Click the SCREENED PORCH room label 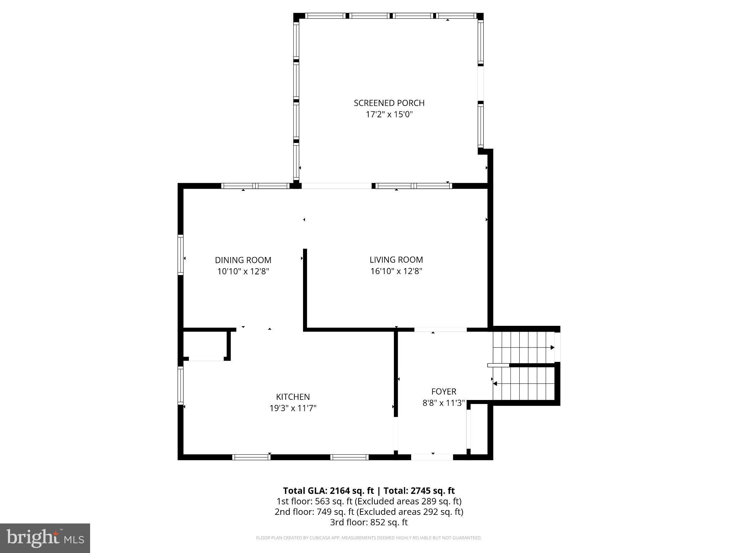point(389,103)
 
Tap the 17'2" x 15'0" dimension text point(389,114)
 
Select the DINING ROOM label point(243,260)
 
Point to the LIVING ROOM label point(396,260)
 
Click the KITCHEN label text point(293,397)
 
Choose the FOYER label point(444,391)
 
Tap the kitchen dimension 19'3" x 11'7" point(293,408)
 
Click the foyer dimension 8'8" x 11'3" point(444,403)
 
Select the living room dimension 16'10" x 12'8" point(396,271)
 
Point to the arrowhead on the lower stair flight point(495,384)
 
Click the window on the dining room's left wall point(181,255)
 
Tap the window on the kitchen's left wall point(181,385)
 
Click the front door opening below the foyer point(432,457)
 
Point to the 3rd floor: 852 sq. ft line point(369,522)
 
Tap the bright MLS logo point(45,538)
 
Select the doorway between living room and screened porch point(336,186)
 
